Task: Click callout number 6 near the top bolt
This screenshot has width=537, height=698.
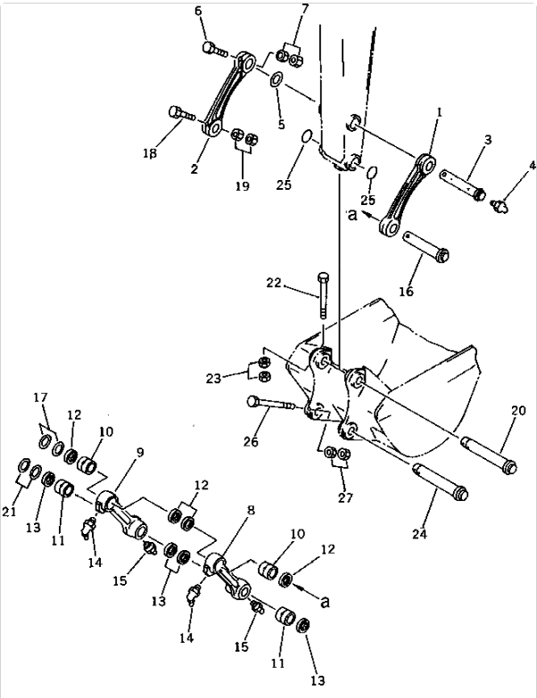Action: click(198, 11)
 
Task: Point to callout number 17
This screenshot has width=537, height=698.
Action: click(40, 397)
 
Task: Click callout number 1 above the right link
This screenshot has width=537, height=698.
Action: click(439, 113)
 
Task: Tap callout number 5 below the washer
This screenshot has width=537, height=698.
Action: click(281, 124)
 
